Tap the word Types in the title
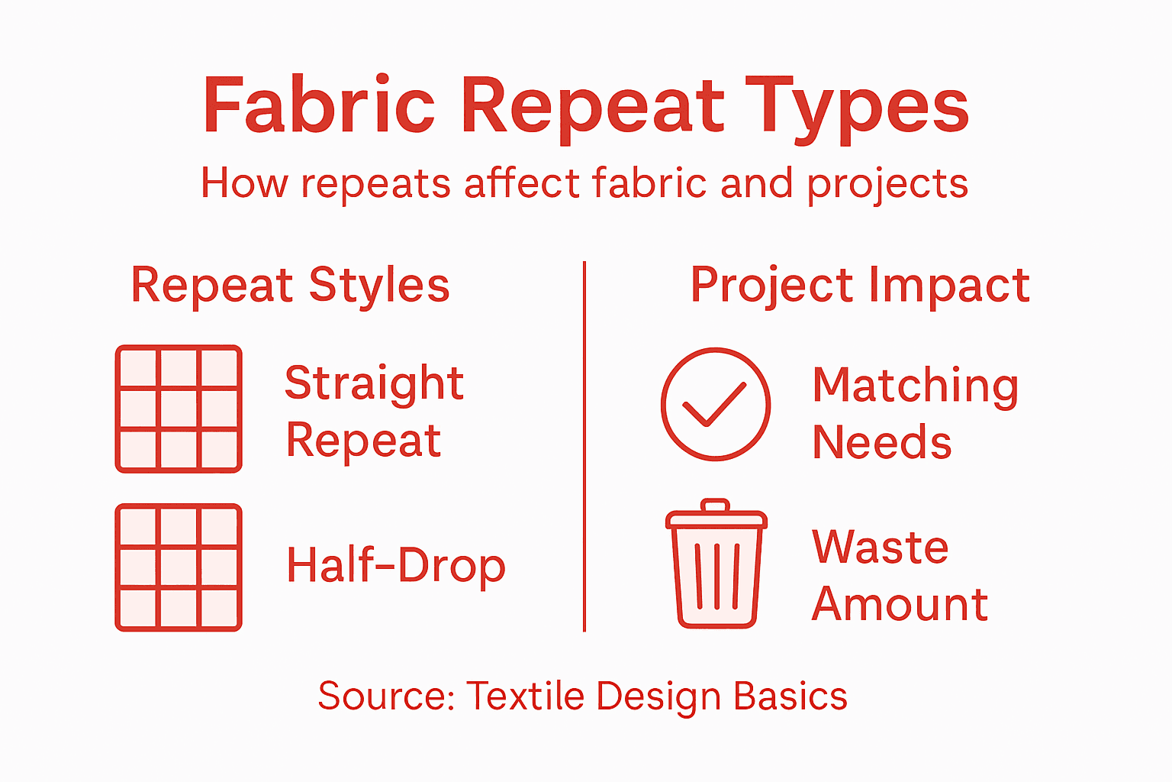coord(856,107)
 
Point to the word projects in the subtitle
coord(887,185)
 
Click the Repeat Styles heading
coord(290,285)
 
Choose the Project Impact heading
coord(860,285)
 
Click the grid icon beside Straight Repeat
coord(179,409)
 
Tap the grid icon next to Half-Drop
coord(179,567)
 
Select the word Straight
coord(374,383)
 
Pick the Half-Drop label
coord(395,566)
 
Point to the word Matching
coord(915,386)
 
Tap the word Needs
coord(881,442)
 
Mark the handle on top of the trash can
coord(716,506)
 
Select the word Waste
coord(880,547)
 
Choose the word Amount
coord(900,604)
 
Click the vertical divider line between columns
coord(584,447)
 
